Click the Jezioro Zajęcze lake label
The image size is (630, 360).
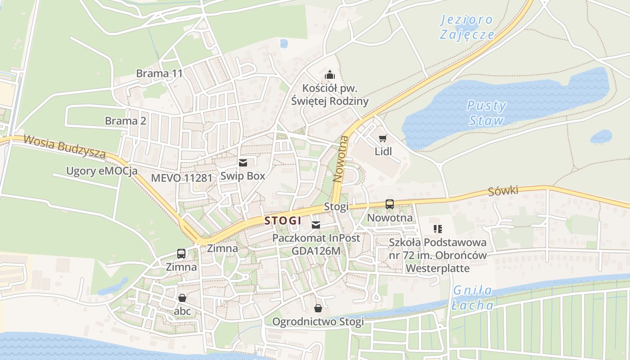(467, 27)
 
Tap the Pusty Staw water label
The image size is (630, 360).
(486, 113)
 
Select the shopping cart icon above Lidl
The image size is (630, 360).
(382, 139)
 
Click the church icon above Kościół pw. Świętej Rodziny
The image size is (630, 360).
(330, 75)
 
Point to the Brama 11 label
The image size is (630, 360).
(159, 73)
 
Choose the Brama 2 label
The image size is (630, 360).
(126, 121)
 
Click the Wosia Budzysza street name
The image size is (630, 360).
(64, 147)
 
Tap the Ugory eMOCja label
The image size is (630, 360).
(102, 171)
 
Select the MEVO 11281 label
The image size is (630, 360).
(181, 178)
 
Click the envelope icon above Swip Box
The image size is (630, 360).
(243, 163)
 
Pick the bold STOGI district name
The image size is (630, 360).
(283, 221)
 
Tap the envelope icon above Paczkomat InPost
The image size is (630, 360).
(316, 225)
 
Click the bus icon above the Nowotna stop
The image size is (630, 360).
(390, 204)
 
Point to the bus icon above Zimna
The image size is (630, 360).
(181, 253)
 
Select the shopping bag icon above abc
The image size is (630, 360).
(182, 298)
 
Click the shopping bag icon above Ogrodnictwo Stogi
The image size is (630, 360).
(318, 308)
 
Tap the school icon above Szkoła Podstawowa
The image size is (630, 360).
(437, 229)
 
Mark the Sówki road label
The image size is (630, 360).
(503, 191)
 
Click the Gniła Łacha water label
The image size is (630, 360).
(472, 297)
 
